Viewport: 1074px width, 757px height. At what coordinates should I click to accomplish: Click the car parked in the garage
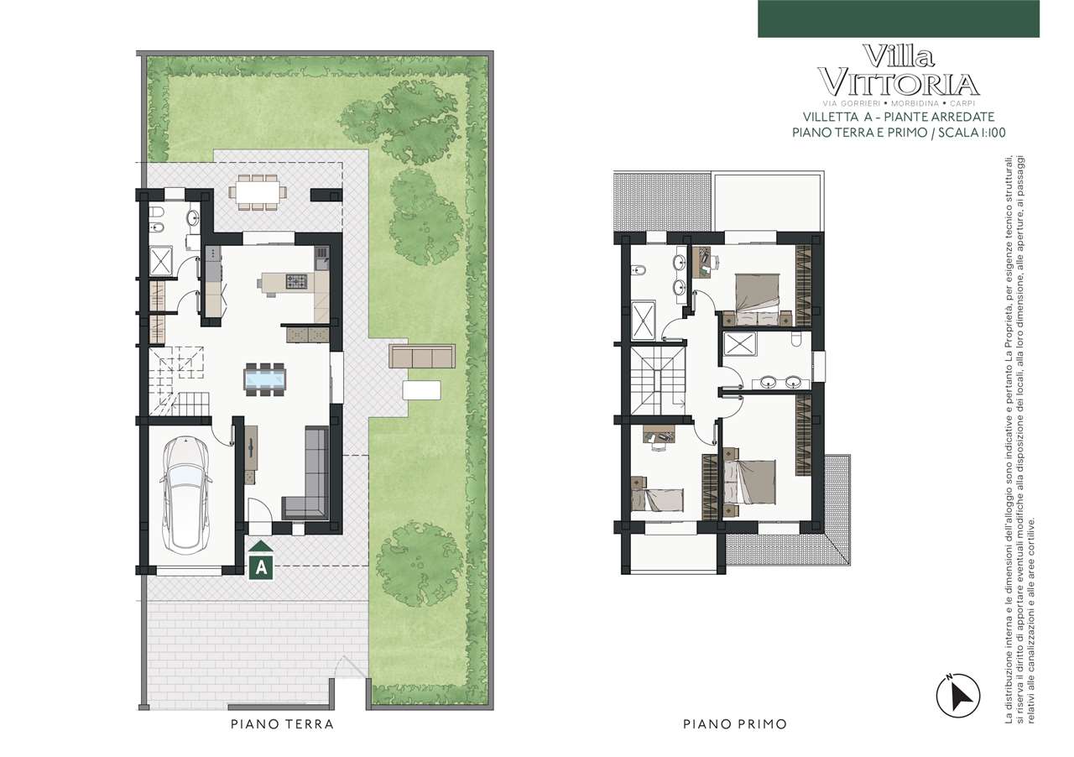[186, 494]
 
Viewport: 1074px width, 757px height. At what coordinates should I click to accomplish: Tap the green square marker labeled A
[261, 567]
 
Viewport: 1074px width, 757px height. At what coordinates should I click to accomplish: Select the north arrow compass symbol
[958, 696]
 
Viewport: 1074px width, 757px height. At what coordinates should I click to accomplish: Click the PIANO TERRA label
[283, 724]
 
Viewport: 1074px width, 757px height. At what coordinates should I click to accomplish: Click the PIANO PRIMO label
[735, 724]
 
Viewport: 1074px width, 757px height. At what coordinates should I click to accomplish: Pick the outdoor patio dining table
[258, 192]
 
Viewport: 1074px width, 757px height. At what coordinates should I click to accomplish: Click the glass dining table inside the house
[264, 379]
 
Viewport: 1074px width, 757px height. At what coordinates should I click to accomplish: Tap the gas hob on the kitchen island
[296, 281]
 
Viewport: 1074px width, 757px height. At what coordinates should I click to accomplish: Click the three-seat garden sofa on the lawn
[422, 356]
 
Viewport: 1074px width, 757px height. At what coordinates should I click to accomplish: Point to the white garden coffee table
[421, 389]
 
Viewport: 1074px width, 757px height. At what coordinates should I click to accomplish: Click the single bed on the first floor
[657, 499]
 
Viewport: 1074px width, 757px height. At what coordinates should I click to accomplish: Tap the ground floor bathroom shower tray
[162, 260]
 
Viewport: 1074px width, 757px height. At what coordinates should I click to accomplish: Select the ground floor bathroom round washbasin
[193, 218]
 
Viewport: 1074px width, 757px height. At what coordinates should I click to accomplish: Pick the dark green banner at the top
[899, 18]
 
